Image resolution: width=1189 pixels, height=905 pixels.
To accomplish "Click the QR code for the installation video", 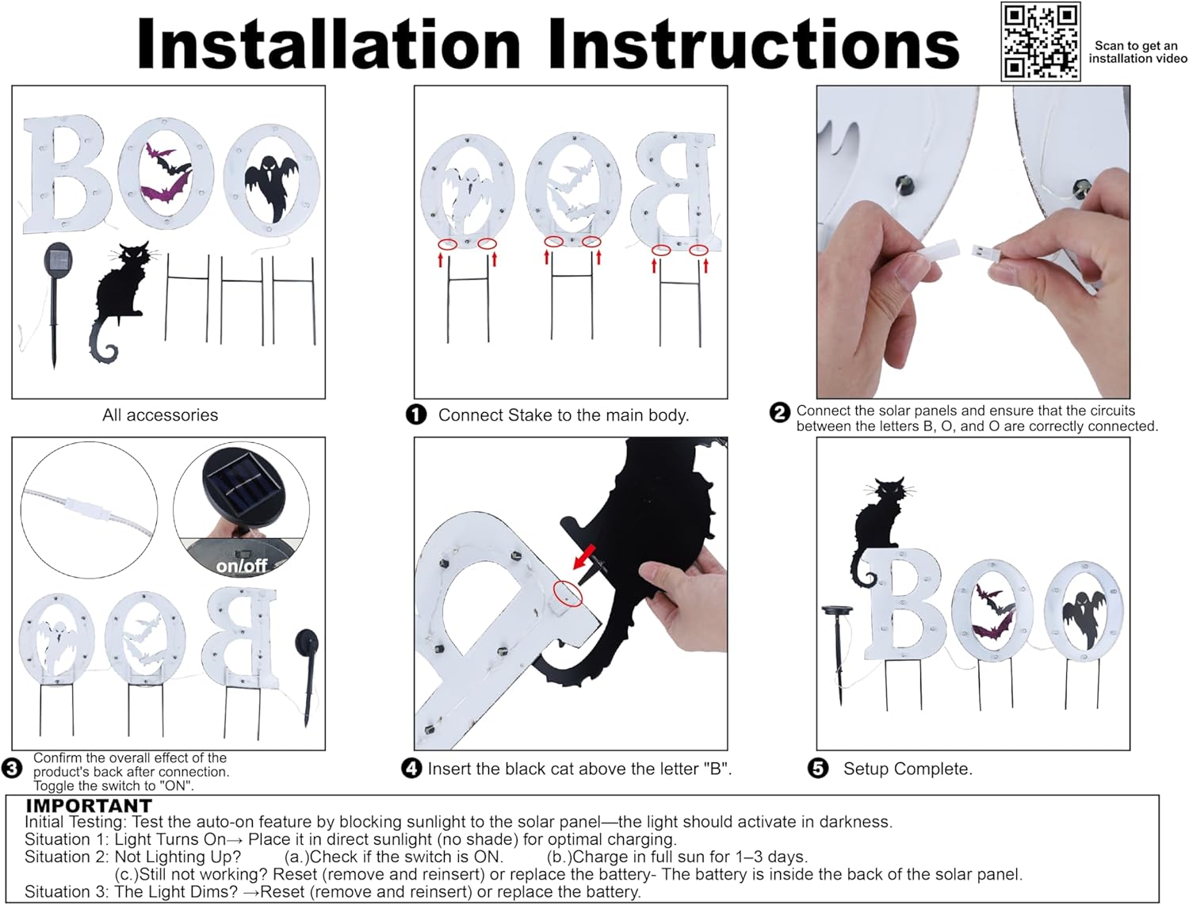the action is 1040,42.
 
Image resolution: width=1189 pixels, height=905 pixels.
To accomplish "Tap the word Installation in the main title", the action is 329,44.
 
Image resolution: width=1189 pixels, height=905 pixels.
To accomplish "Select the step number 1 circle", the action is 416,415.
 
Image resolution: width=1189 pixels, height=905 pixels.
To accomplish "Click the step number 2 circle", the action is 779,413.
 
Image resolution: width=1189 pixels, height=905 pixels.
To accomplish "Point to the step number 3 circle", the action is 11,769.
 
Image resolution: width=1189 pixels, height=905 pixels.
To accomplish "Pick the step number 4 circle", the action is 411,769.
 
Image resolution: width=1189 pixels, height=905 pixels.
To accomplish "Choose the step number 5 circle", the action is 818,769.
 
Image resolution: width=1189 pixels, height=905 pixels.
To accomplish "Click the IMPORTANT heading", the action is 89,806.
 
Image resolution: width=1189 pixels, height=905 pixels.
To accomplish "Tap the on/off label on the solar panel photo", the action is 242,566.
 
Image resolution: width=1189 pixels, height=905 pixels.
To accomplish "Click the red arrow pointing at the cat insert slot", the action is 584,557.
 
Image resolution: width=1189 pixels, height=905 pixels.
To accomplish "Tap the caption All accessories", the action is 160,415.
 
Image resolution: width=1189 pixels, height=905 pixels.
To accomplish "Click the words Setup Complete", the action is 908,769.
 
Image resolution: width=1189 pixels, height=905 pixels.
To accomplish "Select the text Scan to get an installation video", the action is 1138,52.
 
